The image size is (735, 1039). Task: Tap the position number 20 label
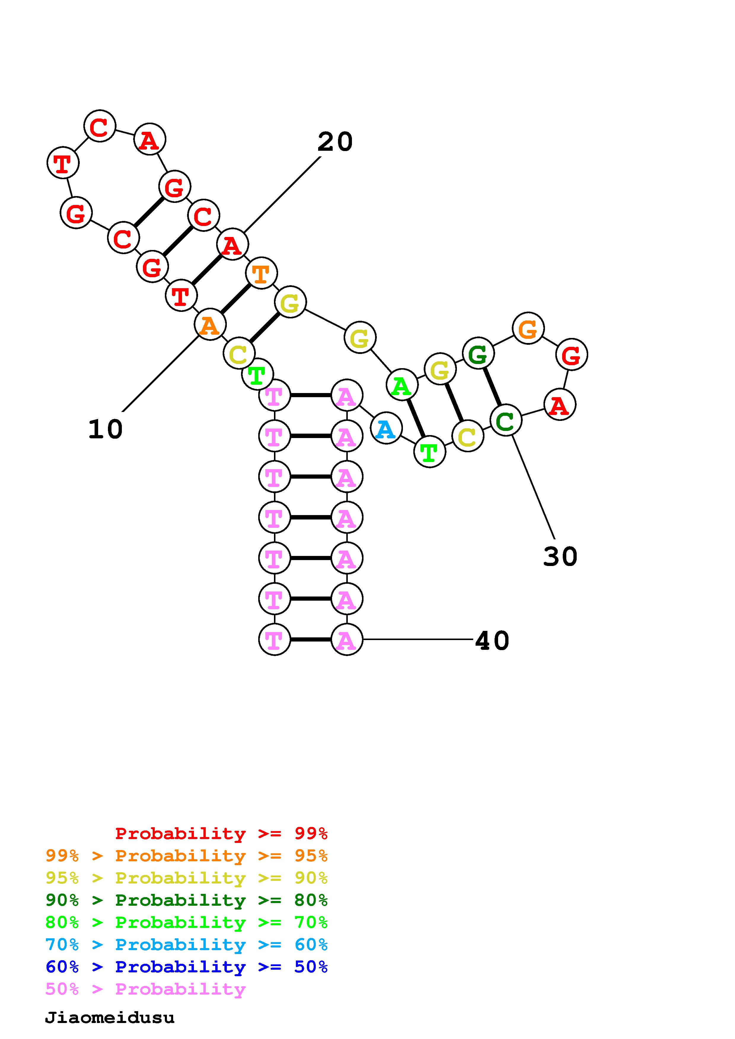click(335, 142)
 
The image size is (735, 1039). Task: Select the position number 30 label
click(560, 557)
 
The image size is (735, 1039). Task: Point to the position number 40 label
click(492, 641)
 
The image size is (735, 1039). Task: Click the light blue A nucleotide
click(386, 428)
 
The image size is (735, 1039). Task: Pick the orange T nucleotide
click(261, 273)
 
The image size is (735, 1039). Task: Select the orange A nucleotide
click(210, 324)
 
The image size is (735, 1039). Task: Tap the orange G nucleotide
click(528, 328)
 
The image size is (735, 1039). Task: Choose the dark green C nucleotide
click(506, 420)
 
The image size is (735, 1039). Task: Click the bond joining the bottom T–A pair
click(311, 639)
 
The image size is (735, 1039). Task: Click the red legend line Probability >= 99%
click(221, 833)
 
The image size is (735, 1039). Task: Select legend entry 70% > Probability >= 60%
click(186, 945)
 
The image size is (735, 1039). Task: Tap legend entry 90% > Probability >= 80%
click(186, 900)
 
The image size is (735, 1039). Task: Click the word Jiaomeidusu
click(110, 1018)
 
